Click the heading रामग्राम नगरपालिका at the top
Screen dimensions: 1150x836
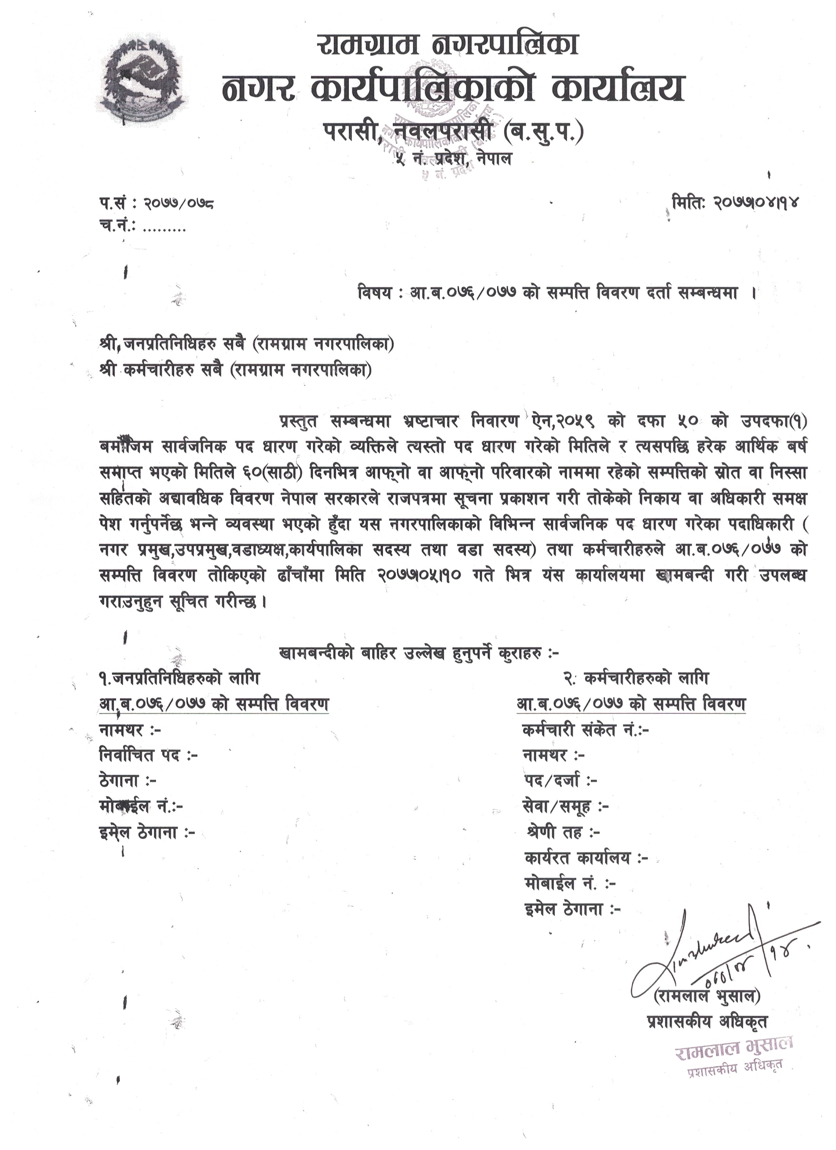[x=448, y=45]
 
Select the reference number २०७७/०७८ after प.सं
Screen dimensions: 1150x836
[x=178, y=204]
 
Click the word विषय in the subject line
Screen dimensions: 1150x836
[x=374, y=293]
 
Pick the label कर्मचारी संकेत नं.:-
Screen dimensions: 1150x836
[x=586, y=730]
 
